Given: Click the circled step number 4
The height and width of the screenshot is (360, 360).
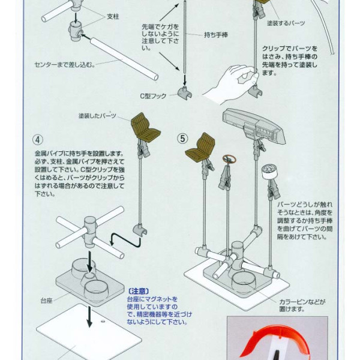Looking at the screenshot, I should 38,140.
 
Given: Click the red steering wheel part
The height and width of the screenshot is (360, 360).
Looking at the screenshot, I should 229,160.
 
